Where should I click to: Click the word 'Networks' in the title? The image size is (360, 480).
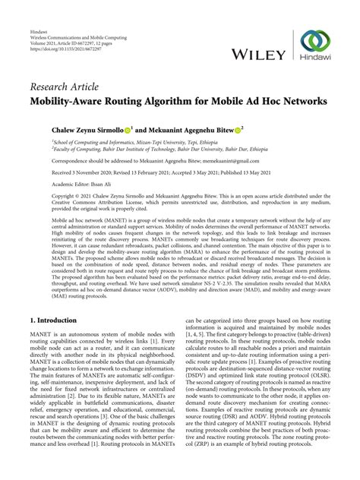click(x=297, y=100)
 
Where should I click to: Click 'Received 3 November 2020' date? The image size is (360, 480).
click(x=84, y=173)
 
